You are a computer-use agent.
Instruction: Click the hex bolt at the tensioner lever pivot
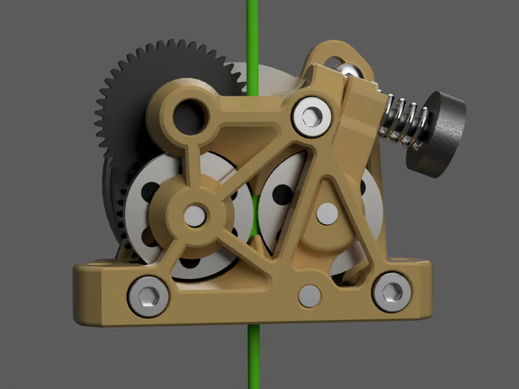coord(311,115)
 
